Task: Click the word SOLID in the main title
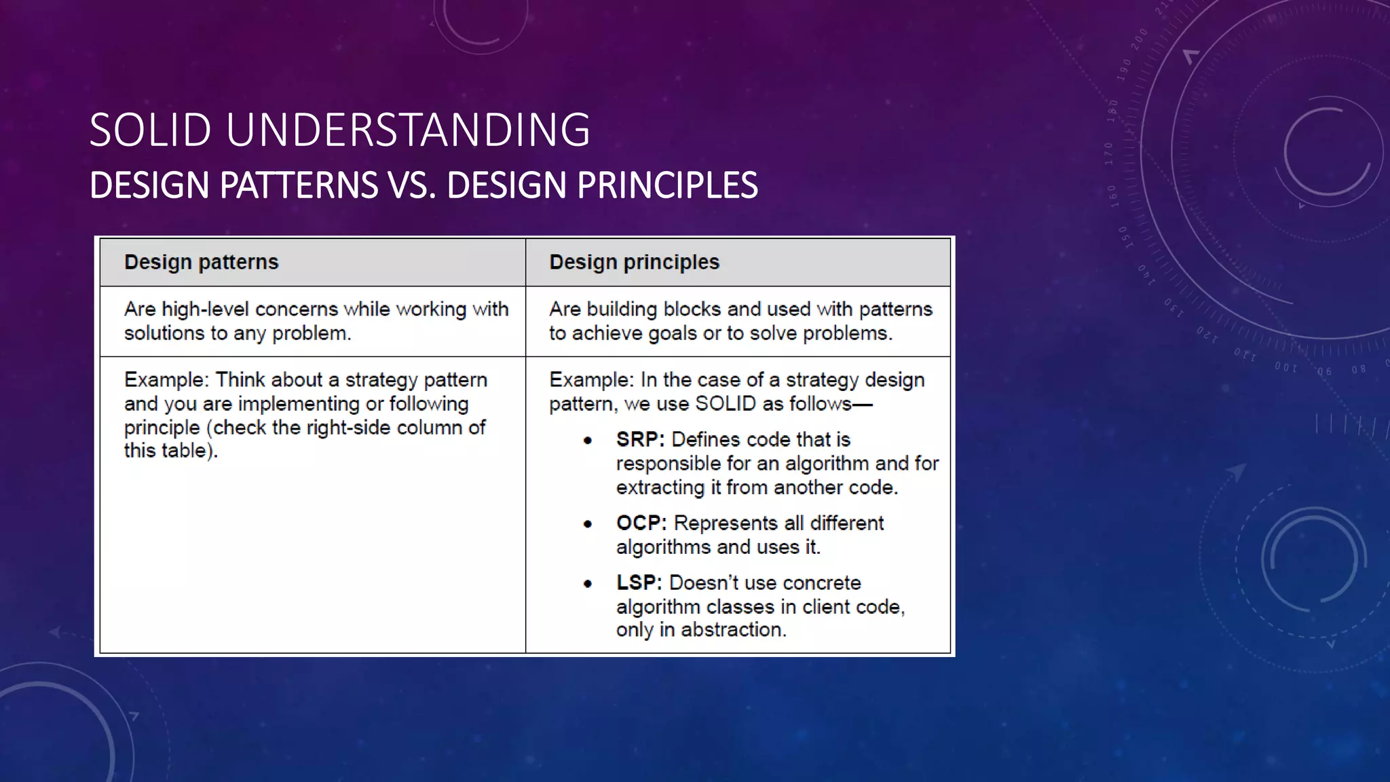150,130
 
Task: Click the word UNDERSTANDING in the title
408,130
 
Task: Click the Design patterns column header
201,262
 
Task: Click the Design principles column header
634,262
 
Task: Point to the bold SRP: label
640,440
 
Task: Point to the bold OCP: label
641,523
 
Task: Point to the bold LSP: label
639,583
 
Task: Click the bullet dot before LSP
588,584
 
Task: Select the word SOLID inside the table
726,404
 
